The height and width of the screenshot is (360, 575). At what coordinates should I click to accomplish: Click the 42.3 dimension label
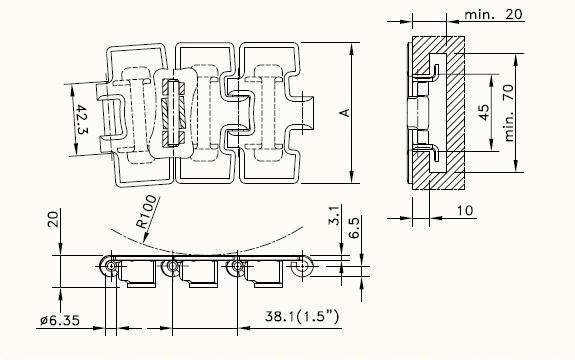tap(81, 120)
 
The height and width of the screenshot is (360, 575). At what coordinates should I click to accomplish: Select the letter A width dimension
tap(345, 113)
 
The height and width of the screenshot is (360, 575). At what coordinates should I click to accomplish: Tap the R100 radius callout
tap(147, 212)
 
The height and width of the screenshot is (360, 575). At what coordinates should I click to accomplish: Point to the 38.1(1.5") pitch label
tap(302, 316)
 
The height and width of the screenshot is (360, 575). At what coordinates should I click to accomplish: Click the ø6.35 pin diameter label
tap(60, 320)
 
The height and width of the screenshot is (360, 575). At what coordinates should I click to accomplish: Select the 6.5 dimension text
tap(354, 227)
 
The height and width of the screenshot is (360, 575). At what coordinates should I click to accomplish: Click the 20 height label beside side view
tap(54, 219)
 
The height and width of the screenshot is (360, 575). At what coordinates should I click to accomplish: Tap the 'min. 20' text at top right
tap(493, 14)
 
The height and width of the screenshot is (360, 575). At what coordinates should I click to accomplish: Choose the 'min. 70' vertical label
tap(509, 113)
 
